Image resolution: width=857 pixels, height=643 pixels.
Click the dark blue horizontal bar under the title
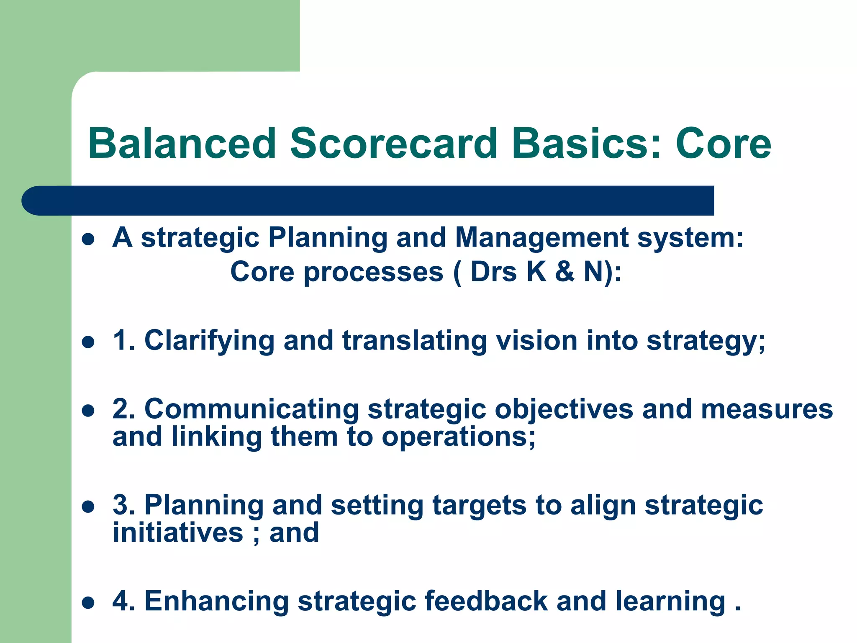(x=368, y=201)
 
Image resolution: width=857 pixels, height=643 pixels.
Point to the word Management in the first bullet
(x=542, y=237)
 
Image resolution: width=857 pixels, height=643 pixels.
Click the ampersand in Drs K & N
(x=564, y=272)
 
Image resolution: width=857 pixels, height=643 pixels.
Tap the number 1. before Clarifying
(x=124, y=340)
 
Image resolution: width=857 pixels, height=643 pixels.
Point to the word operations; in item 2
(x=458, y=438)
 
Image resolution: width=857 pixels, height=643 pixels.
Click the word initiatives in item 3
(x=178, y=532)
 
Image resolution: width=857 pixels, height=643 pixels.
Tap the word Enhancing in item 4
(x=216, y=602)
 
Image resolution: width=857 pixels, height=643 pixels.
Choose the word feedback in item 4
(x=486, y=601)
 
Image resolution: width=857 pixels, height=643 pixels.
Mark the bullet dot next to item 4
(x=88, y=603)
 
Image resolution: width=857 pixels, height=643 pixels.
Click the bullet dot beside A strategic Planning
(x=88, y=239)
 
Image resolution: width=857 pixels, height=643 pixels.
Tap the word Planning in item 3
(x=204, y=506)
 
